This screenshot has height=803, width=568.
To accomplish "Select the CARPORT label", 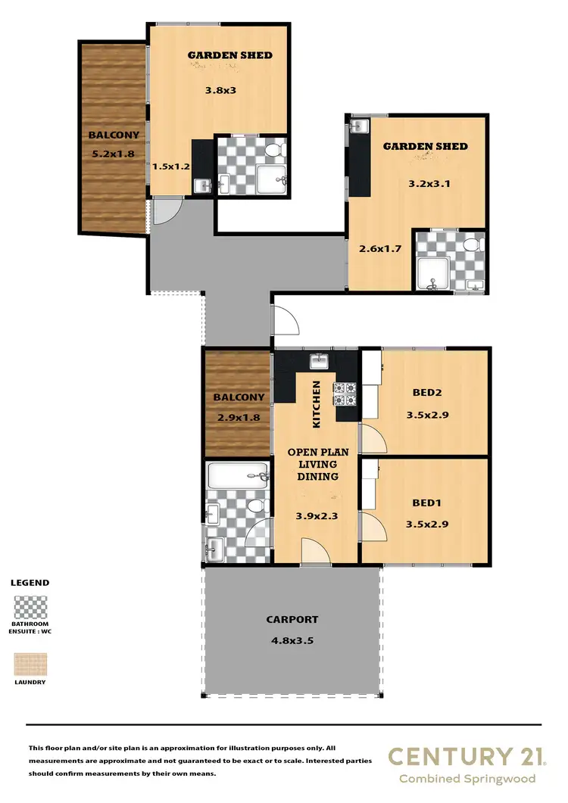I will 292,619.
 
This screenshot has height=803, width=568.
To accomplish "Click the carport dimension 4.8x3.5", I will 292,640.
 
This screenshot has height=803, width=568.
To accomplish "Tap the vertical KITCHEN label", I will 317,403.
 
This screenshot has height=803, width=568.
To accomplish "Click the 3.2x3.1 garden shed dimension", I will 425,182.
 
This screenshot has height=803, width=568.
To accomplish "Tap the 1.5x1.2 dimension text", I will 170,166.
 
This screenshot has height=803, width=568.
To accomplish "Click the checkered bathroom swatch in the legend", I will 30,608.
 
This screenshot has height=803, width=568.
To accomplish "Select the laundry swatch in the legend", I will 30,664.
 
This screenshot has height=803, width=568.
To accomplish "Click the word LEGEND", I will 30,583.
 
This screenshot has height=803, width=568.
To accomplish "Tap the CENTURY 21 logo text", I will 461,756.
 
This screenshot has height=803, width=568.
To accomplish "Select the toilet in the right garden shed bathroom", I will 470,245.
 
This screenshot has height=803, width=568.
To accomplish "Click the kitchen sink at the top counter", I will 318,359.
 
